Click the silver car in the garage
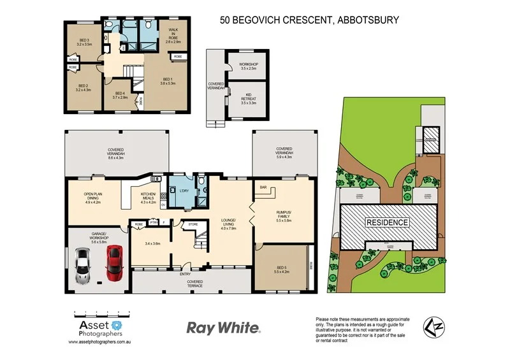pos(84,266)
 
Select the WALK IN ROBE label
pos(173,35)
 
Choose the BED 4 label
pos(120,96)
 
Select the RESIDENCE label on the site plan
pos(387,223)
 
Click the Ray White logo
pos(223,328)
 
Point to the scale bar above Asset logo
pos(102,312)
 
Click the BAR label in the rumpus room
pos(262,187)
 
